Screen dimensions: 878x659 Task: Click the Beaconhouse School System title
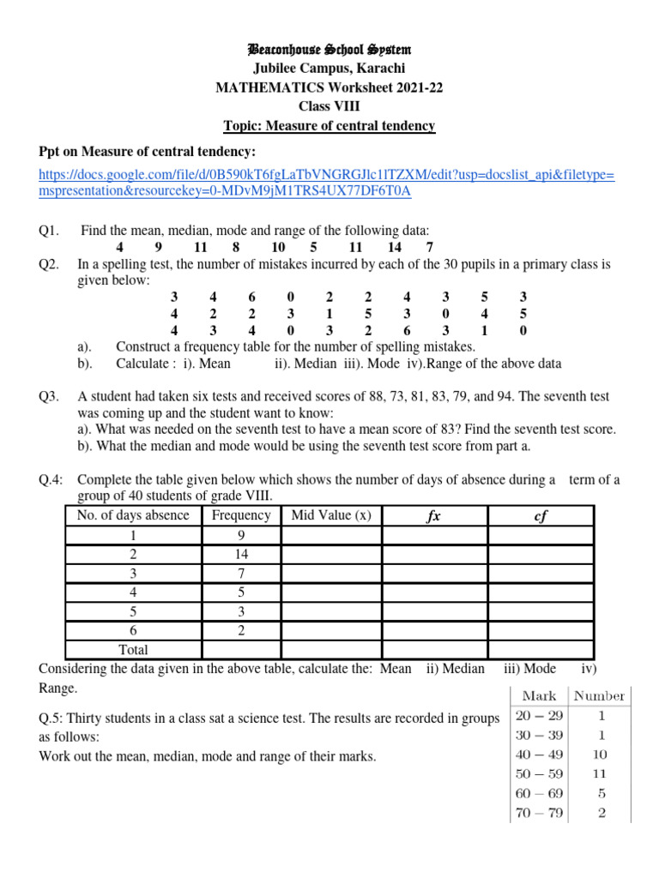coord(329,51)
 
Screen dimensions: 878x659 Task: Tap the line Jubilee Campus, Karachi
coord(329,69)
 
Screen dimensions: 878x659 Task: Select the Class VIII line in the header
coord(329,107)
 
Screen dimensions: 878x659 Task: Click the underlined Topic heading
coord(329,126)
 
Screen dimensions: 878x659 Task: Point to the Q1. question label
coord(49,231)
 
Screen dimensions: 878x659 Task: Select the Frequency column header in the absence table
coord(241,515)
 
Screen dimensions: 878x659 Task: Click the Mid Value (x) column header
coord(331,515)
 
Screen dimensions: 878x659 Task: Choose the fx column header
coord(433,516)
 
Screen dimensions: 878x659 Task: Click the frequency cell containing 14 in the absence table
coord(241,555)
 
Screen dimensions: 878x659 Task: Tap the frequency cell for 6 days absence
coord(241,630)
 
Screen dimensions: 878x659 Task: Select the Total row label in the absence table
coord(133,649)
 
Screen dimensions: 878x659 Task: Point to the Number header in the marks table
coord(600,696)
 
